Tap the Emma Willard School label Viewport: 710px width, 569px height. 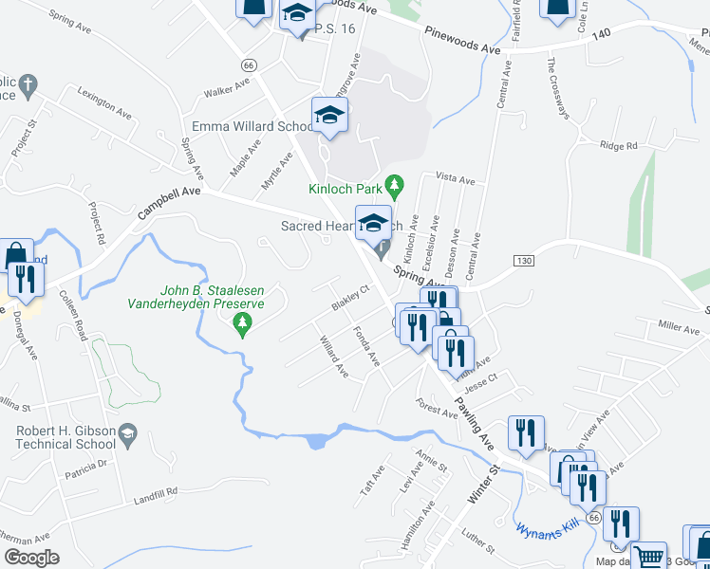(252, 127)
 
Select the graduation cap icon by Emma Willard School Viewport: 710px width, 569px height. (330, 115)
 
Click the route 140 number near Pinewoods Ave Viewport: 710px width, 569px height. (600, 32)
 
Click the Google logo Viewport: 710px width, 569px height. (31, 557)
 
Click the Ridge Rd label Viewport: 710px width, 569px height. (618, 146)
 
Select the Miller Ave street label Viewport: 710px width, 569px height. (678, 327)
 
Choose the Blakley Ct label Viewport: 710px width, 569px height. (348, 298)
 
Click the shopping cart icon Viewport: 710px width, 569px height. (648, 556)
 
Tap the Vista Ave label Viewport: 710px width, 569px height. (454, 177)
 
